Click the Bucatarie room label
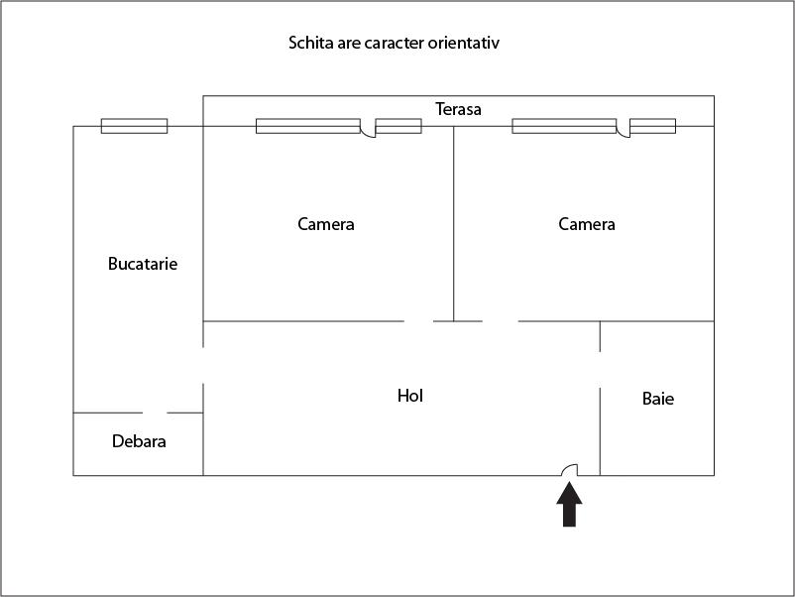point(143,264)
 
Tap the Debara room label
point(139,441)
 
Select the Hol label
point(410,396)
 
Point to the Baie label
point(658,399)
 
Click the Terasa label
point(458,109)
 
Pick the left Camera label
point(326,224)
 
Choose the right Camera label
point(587,224)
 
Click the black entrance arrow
point(569,505)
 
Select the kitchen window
point(134,126)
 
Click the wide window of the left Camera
point(307,126)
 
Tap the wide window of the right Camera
point(564,126)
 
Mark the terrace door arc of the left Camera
point(368,130)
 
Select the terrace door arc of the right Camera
point(624,130)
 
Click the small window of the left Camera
point(398,126)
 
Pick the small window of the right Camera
point(653,126)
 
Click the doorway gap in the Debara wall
point(155,413)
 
